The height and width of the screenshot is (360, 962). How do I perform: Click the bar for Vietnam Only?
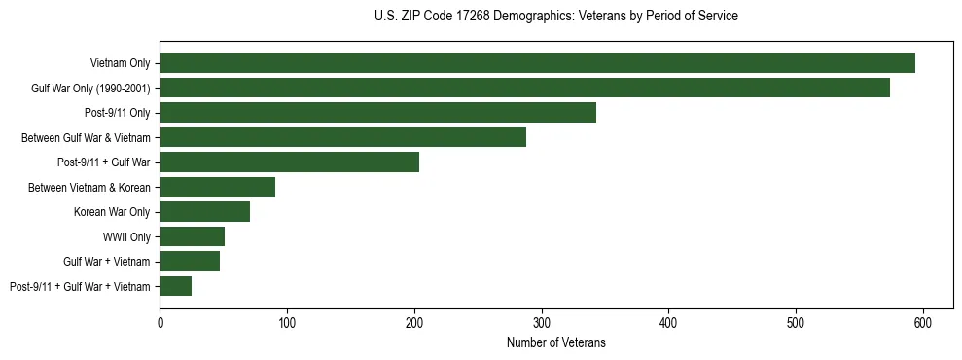(537, 63)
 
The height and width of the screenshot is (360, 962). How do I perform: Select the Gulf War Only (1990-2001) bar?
(524, 88)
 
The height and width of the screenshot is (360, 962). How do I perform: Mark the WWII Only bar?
(192, 236)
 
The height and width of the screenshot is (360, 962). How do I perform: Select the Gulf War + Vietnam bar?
(190, 261)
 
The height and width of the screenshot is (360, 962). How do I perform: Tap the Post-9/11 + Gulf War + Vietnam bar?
(175, 286)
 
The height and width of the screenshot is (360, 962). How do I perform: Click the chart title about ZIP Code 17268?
(555, 17)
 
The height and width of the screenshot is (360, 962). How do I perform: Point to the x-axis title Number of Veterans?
(555, 342)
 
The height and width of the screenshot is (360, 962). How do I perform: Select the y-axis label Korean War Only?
(112, 212)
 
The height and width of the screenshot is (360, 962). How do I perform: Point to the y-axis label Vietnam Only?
(120, 63)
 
